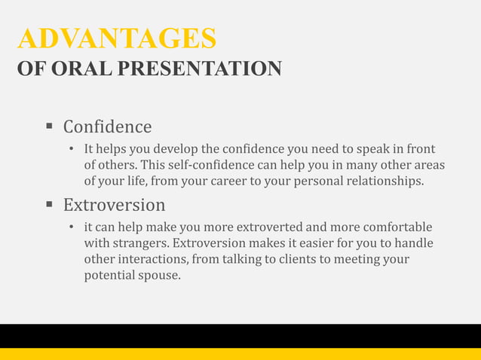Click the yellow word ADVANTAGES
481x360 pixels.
pyautogui.click(x=117, y=38)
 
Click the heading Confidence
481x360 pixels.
pyautogui.click(x=107, y=127)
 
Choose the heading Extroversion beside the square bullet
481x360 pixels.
pyautogui.click(x=114, y=205)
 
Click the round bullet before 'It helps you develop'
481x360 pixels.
pyautogui.click(x=71, y=149)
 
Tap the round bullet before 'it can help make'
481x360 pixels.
pyautogui.click(x=71, y=227)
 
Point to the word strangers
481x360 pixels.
pyautogui.click(x=139, y=243)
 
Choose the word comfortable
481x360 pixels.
pyautogui.click(x=400, y=227)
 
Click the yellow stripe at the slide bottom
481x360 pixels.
pyautogui.click(x=240, y=354)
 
